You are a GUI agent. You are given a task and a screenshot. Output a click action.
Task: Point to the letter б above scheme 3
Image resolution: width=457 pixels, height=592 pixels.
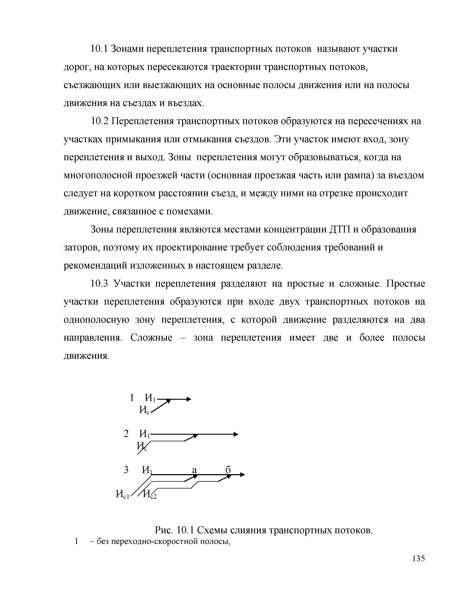pyautogui.click(x=228, y=470)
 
